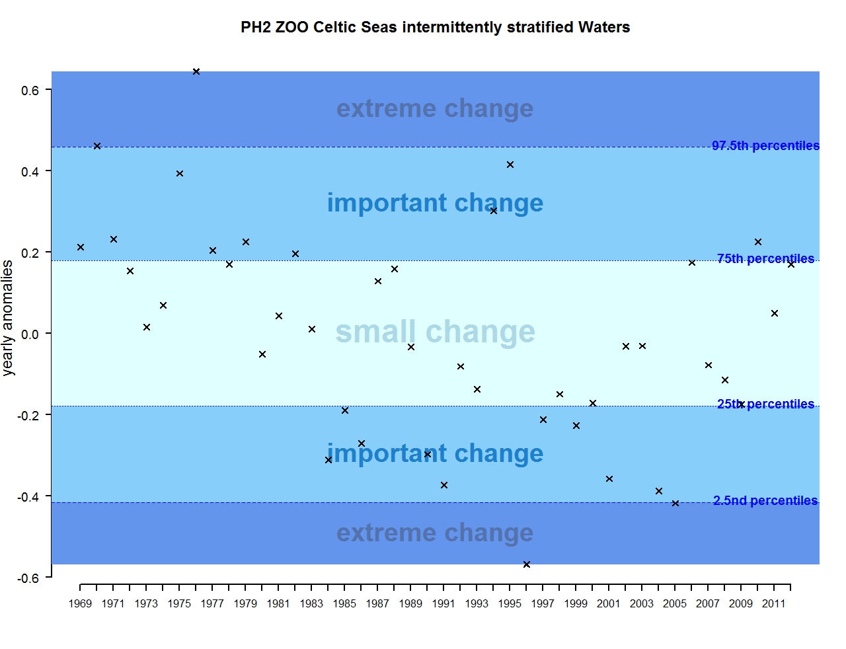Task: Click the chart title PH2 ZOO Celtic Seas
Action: click(435, 28)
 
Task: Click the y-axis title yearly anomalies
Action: click(8, 318)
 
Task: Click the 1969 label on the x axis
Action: click(80, 603)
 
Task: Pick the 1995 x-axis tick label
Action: click(510, 603)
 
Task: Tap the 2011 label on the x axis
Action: click(774, 603)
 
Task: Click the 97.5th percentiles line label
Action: click(765, 146)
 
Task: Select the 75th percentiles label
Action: click(765, 259)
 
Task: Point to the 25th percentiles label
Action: click(765, 404)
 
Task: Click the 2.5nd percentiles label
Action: click(765, 501)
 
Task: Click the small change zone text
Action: click(435, 332)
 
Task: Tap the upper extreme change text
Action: click(435, 109)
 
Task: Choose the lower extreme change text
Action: click(435, 533)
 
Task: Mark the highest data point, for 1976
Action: click(196, 71)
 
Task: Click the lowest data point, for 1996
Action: click(527, 564)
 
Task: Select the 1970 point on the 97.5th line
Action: click(97, 146)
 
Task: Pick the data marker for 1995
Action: click(510, 165)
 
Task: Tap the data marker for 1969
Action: click(81, 247)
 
